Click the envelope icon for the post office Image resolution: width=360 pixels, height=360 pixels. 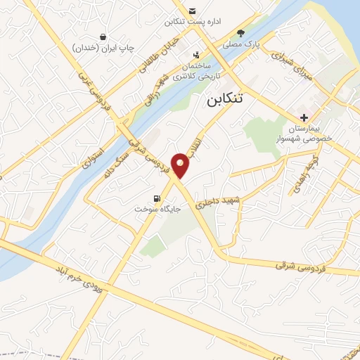click(x=192, y=10)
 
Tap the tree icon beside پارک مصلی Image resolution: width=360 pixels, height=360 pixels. click(x=241, y=33)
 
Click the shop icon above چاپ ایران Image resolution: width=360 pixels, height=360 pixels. click(x=103, y=37)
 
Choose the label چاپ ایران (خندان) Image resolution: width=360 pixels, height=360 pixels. click(x=103, y=48)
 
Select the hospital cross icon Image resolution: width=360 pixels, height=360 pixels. click(x=303, y=117)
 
